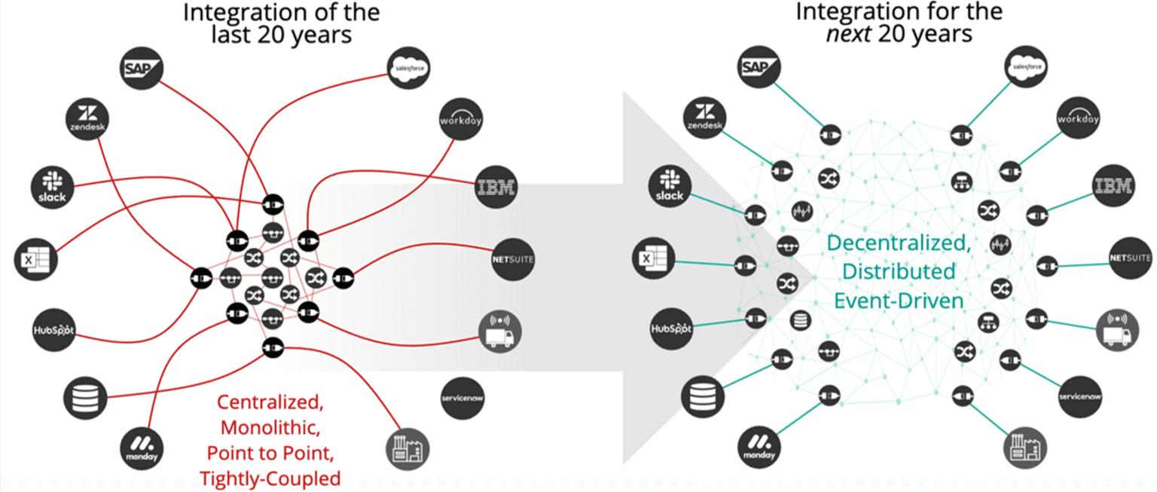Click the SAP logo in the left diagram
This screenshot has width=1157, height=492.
[x=142, y=69]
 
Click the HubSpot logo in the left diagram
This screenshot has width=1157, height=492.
[x=55, y=329]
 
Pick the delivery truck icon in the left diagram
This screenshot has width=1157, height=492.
[x=500, y=331]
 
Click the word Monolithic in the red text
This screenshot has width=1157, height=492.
[x=270, y=427]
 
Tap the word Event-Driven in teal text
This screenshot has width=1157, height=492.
[x=899, y=301]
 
